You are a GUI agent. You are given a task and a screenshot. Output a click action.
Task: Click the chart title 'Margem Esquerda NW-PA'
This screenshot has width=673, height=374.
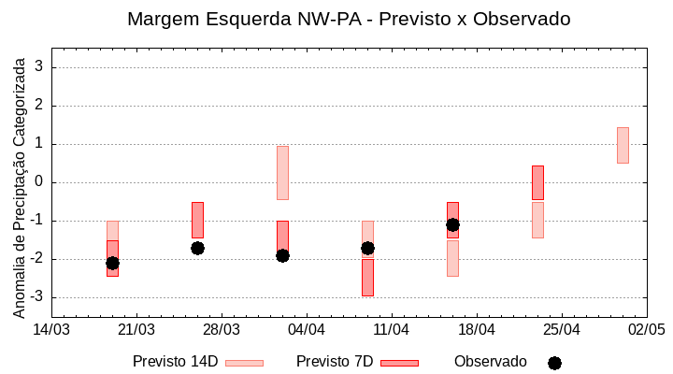click(349, 19)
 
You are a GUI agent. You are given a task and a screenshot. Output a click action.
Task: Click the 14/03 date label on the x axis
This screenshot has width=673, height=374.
click(51, 330)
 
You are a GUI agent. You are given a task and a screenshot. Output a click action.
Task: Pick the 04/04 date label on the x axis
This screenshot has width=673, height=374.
click(306, 330)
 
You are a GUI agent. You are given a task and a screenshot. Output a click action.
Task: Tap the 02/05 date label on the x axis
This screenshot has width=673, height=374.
click(646, 330)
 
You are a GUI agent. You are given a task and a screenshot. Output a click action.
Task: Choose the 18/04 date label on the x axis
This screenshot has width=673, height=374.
click(476, 330)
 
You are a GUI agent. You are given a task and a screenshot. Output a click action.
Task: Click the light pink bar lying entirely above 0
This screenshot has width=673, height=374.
click(623, 145)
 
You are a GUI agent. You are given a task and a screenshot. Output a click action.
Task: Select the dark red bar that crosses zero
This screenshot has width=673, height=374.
click(537, 182)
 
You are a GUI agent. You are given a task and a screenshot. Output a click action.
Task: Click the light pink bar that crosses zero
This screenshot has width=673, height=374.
click(282, 172)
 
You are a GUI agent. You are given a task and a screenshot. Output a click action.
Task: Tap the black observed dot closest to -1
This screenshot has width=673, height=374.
click(452, 224)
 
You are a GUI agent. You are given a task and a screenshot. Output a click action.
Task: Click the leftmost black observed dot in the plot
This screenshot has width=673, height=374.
click(112, 263)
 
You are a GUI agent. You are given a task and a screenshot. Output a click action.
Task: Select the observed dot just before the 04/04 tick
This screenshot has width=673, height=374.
click(282, 255)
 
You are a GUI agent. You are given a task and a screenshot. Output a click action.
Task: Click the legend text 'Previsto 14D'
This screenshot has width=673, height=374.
click(175, 362)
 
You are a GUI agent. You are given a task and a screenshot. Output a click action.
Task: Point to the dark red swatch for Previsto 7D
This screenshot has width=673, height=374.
click(399, 363)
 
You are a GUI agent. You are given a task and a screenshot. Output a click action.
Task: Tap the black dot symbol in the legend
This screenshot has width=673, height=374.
click(554, 363)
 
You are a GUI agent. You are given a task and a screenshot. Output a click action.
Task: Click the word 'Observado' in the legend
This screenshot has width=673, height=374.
click(491, 362)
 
